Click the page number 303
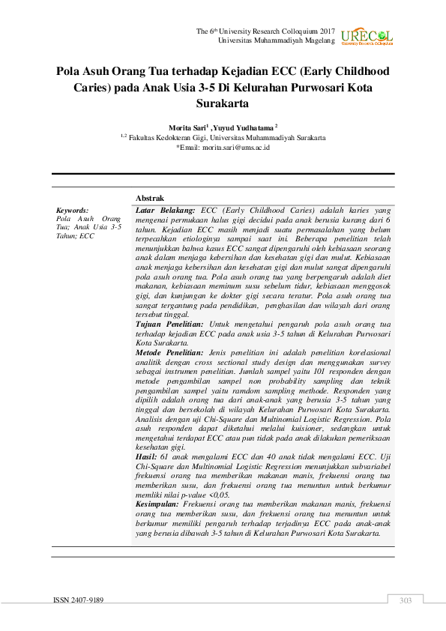(406, 600)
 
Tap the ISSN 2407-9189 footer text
(79, 600)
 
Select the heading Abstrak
(149, 197)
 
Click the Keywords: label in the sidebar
(73, 211)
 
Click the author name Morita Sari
(187, 128)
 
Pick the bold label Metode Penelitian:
(169, 351)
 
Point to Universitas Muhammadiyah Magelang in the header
(276, 40)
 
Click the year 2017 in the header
(324, 31)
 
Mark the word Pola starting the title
(71, 72)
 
